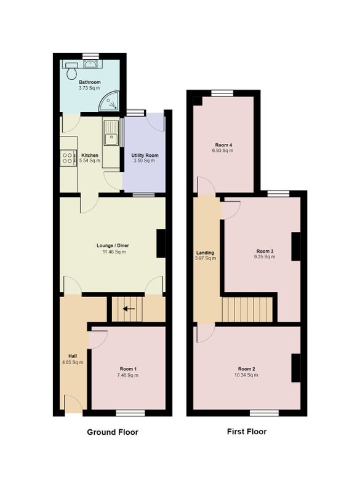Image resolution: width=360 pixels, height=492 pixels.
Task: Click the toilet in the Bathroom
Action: point(72,70)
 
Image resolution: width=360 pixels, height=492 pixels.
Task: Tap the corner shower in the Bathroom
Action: point(111,102)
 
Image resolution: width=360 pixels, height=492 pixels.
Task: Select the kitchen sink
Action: point(111,133)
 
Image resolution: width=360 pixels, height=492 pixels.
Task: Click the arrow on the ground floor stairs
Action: point(129,309)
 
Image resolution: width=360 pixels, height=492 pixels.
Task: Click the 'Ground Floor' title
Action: point(113,432)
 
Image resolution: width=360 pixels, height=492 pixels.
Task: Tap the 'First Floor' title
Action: point(247,432)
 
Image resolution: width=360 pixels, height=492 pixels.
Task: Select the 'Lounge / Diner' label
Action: point(113,245)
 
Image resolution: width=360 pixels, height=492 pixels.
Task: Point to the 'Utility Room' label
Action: point(145,156)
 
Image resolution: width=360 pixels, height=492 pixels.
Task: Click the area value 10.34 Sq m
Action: point(246,375)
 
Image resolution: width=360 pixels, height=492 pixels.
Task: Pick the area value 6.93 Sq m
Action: point(223,151)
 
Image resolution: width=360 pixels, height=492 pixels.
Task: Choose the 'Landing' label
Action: point(206,253)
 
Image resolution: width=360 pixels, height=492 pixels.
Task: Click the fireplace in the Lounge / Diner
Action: point(161,244)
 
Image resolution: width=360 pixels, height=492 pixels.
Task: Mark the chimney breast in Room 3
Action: point(296,247)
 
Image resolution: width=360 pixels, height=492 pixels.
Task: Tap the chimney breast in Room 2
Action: point(296,368)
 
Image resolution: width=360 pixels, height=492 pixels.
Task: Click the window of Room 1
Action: point(130,413)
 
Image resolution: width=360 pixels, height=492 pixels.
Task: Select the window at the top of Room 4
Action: point(222,93)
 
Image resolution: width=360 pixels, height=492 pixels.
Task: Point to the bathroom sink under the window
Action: point(90,64)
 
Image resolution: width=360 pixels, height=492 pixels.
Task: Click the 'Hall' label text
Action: point(73,356)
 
